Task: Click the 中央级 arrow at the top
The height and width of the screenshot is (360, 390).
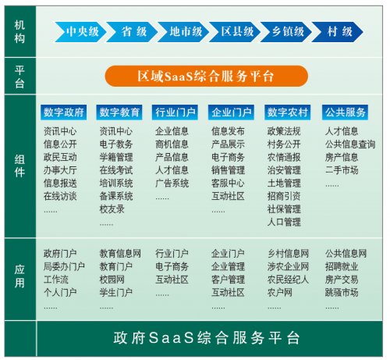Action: coord(80,32)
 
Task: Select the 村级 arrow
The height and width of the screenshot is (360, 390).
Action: coord(337,32)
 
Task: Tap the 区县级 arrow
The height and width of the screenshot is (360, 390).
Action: coord(235,32)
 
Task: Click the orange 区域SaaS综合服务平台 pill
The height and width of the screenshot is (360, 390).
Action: coord(206,76)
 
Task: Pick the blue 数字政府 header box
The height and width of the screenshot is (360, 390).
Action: coord(63,112)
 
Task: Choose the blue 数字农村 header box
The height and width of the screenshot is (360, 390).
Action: coord(288,112)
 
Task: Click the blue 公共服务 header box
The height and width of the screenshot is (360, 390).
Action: coord(345,112)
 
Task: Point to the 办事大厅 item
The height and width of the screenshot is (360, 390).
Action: coord(60,170)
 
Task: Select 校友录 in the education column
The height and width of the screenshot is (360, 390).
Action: coord(112,209)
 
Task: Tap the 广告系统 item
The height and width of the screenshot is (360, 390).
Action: coord(172,184)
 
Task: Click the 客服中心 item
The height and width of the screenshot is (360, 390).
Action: coord(228,184)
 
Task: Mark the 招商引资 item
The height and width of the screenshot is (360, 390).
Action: coord(284,196)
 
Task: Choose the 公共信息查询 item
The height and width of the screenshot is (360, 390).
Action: coord(350,144)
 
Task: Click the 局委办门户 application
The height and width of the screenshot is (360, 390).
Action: coord(64,266)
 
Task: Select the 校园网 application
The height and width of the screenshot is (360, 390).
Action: coord(112,280)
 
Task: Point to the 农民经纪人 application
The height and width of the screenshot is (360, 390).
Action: coord(288,280)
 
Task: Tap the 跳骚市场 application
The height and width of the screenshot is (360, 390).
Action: coord(342,293)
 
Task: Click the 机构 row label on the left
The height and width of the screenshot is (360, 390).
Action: coord(19,32)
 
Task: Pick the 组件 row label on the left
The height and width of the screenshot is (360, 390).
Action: coord(19,166)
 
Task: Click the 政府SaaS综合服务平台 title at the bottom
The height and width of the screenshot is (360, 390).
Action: coord(207,338)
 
